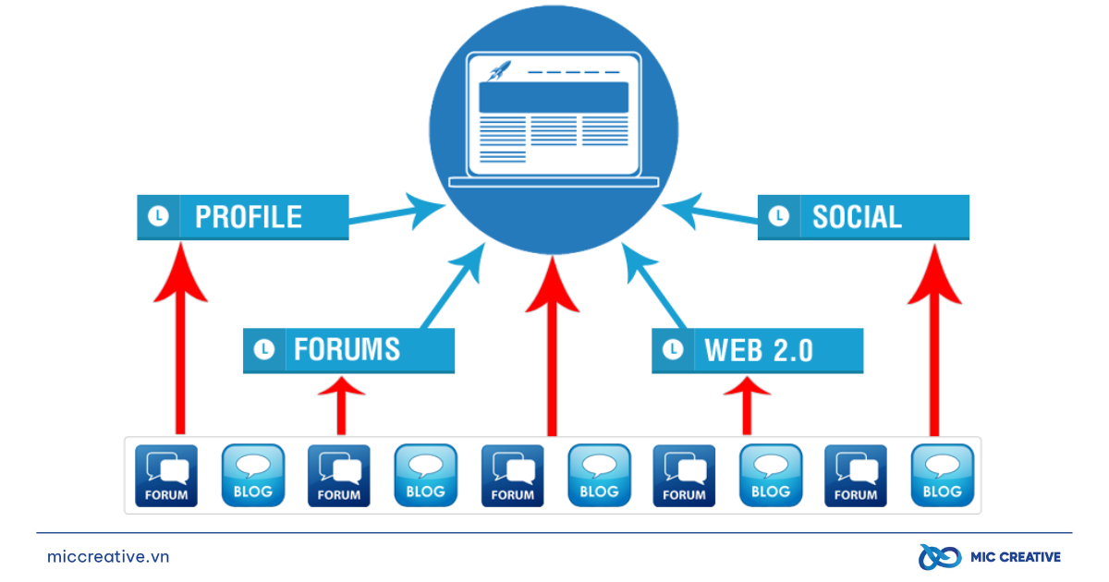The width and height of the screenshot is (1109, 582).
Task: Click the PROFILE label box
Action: (x=243, y=217)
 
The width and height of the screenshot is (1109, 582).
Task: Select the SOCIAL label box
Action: (x=863, y=217)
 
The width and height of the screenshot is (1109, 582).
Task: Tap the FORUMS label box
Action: (x=348, y=349)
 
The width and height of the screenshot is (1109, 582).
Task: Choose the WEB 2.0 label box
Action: (x=758, y=350)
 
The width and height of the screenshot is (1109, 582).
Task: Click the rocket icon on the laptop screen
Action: (x=500, y=69)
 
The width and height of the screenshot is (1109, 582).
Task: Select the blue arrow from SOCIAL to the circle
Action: (x=712, y=212)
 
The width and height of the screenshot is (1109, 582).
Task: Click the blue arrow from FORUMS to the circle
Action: (x=453, y=286)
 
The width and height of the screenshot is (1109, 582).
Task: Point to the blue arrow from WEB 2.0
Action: (x=655, y=287)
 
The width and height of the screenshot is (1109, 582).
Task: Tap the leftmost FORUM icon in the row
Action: (x=166, y=475)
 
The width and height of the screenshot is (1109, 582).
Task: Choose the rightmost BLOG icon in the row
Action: (x=942, y=475)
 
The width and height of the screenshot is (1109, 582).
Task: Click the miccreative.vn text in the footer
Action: (x=108, y=557)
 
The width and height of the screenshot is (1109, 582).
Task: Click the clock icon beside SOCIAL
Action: (x=779, y=217)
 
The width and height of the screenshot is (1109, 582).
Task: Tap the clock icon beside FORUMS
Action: (x=264, y=350)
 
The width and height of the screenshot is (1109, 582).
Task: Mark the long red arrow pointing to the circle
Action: (x=552, y=351)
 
